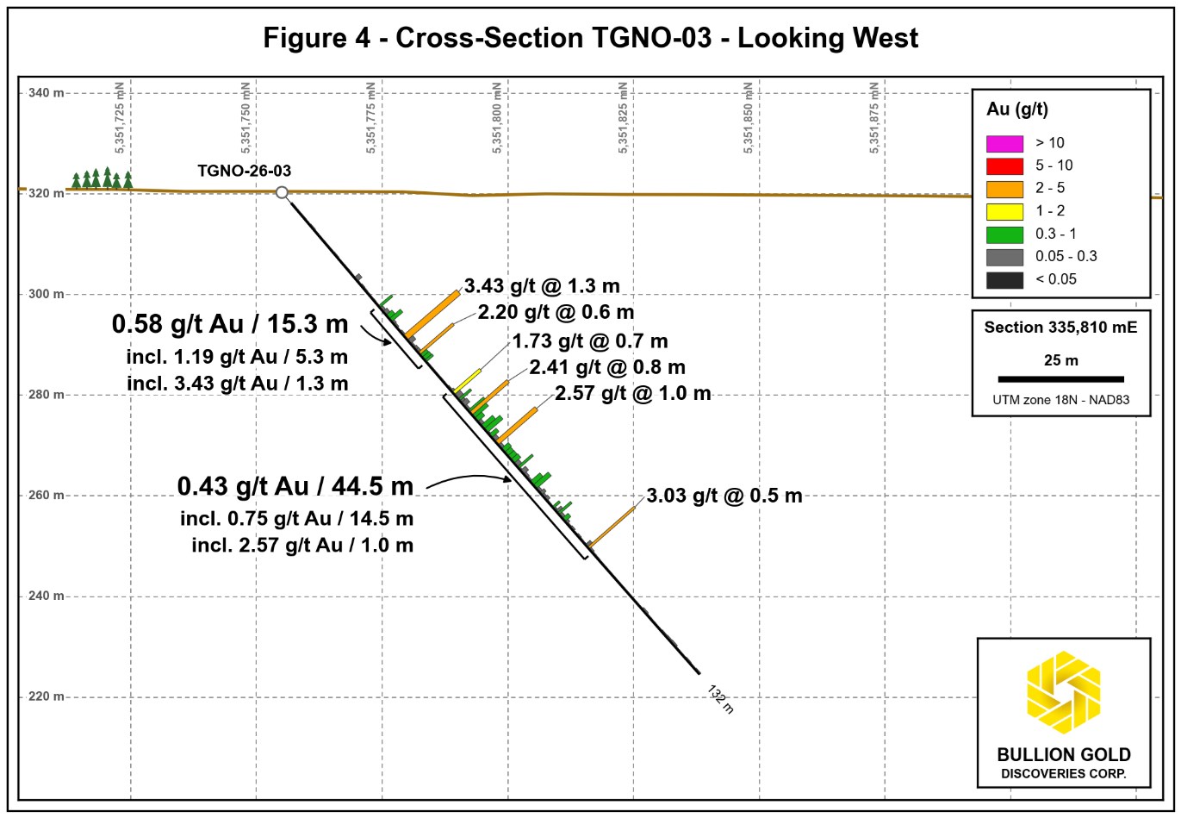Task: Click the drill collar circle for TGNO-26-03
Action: (282, 192)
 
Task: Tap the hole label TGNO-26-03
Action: (244, 171)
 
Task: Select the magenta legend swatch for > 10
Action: (1004, 143)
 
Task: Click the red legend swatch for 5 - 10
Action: (1004, 166)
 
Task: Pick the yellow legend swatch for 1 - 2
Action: (1004, 211)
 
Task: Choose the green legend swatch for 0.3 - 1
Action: (1004, 234)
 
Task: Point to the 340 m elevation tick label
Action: (46, 93)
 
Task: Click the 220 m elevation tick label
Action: (46, 696)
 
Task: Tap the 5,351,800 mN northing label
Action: (497, 117)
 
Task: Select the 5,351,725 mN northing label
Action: (120, 117)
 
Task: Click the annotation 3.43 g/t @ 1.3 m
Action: (542, 286)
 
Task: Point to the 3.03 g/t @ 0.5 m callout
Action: (724, 496)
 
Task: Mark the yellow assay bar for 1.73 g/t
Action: (467, 380)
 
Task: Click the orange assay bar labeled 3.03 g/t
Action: (612, 527)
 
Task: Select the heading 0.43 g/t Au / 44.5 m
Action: (295, 486)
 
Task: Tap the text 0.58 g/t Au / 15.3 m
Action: (230, 324)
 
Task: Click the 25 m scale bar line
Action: (1060, 379)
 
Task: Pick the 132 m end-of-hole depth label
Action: (720, 699)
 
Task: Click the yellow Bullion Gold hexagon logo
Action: (1064, 692)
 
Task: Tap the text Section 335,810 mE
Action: (1060, 328)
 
